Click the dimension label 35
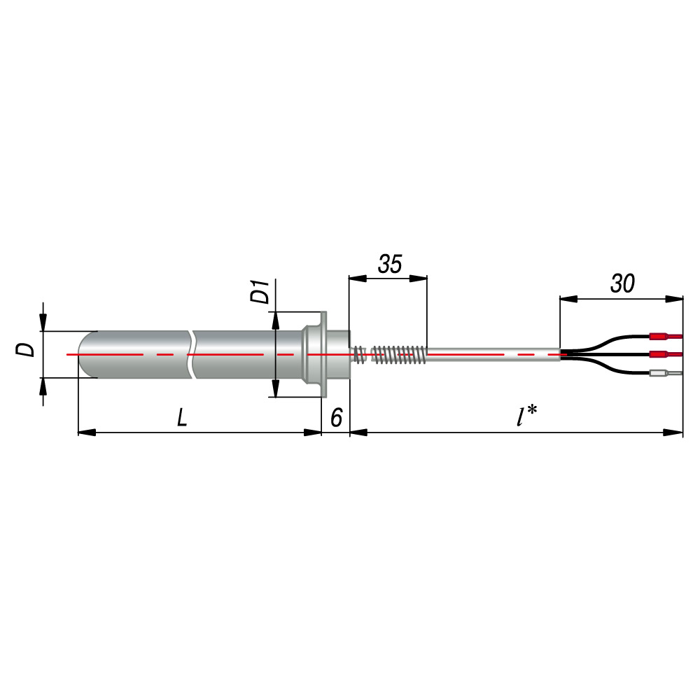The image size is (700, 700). point(390,265)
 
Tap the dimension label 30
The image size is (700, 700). point(622,283)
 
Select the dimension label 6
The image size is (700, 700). point(336,419)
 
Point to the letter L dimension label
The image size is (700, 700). point(183,419)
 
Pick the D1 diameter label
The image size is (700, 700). point(260,291)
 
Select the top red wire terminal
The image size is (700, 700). point(664,335)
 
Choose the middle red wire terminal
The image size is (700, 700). point(664,355)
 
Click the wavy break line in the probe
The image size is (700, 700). point(192,355)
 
